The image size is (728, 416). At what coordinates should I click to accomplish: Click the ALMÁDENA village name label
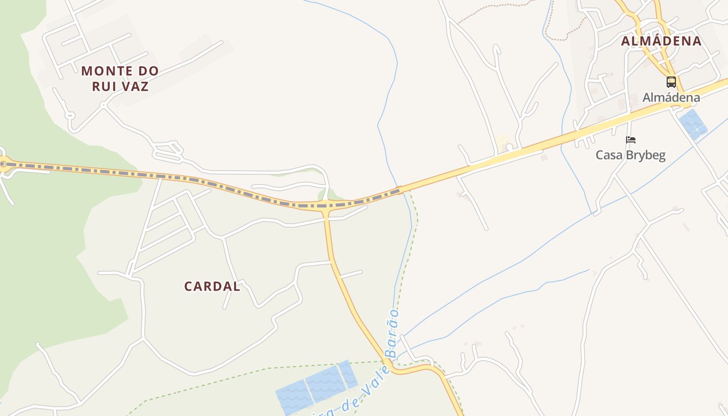coord(661,41)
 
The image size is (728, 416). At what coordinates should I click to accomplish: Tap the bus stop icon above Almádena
coord(671,82)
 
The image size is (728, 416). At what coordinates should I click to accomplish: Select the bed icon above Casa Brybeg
coord(631,139)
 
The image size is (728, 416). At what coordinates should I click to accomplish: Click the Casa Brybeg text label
coord(630,155)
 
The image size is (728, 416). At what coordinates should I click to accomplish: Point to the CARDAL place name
coord(212,286)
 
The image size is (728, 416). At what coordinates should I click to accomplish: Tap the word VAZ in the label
coord(135,86)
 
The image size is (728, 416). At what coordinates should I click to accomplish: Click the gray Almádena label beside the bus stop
coord(671,97)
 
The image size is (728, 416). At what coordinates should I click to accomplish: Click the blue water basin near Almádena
coord(693,124)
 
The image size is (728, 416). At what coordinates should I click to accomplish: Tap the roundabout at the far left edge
coord(3,164)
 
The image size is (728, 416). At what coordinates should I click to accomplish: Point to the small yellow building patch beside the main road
coord(501,141)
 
